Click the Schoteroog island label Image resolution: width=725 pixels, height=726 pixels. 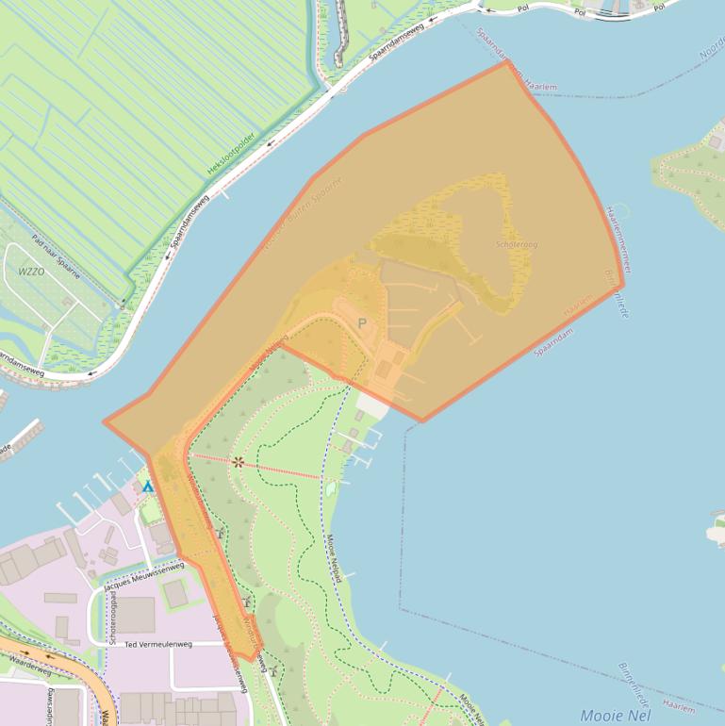coord(517,245)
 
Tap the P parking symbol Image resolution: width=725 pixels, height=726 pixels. coord(361,323)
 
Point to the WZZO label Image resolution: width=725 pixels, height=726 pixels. coord(31,271)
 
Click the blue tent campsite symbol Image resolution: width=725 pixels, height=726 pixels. coord(147,487)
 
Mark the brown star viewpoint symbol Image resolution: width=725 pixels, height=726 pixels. coord(239,462)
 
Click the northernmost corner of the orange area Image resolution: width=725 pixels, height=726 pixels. coord(508,63)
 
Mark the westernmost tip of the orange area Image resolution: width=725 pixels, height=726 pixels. coord(105,423)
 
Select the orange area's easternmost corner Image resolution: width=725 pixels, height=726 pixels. coord(623,287)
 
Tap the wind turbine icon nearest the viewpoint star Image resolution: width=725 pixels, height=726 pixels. coord(220,533)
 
